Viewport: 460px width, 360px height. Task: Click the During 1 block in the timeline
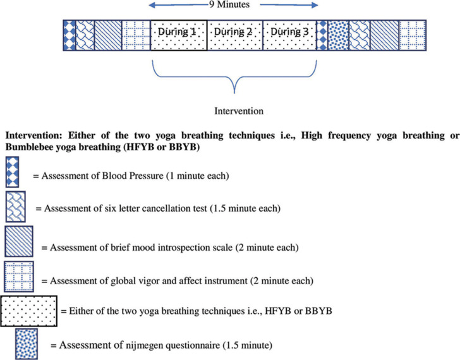pos(179,32)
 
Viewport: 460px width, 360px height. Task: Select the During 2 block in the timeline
pos(235,32)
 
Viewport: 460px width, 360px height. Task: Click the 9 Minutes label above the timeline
pos(234,5)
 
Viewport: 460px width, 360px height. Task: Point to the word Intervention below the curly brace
pos(235,111)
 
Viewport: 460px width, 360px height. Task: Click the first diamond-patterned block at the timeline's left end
pos(70,32)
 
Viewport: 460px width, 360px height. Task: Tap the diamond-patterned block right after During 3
pos(322,32)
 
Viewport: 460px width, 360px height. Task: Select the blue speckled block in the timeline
pos(338,32)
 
